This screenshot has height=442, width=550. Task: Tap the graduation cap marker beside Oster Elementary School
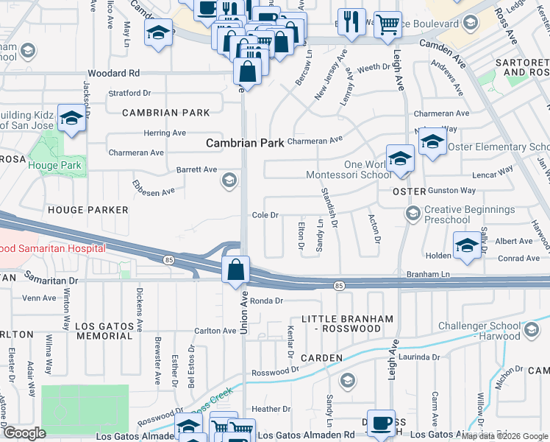(x=433, y=144)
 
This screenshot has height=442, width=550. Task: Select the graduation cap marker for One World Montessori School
(x=400, y=158)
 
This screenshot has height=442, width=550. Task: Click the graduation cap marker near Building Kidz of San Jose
(x=71, y=119)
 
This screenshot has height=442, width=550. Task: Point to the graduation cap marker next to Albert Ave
(x=467, y=245)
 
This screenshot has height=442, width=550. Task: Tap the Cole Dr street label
(x=265, y=216)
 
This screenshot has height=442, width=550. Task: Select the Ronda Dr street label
(x=266, y=301)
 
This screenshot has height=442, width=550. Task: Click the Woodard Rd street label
(x=113, y=74)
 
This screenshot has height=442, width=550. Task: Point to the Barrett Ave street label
(x=196, y=169)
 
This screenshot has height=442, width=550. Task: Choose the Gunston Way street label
(x=452, y=190)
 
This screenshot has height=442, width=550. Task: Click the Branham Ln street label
(x=427, y=274)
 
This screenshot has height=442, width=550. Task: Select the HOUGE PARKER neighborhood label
(x=88, y=210)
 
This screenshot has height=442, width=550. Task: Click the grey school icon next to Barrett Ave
(x=230, y=180)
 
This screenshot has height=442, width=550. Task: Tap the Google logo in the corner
(x=24, y=433)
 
